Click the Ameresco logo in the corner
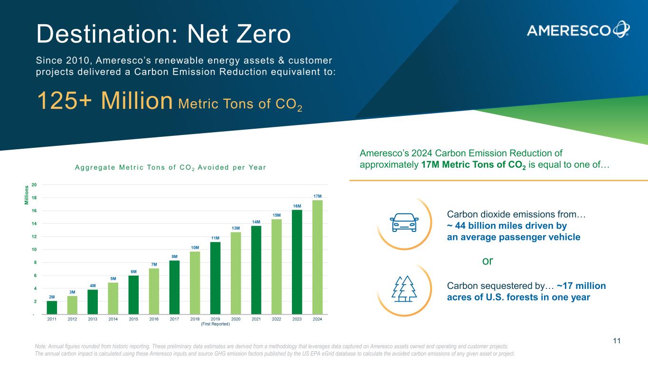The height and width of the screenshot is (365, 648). (578, 29)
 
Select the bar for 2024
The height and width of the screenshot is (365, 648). (318, 257)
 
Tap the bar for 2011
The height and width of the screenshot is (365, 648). (52, 307)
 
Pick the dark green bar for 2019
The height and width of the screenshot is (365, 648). (216, 278)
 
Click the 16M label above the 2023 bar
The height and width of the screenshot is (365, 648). (297, 206)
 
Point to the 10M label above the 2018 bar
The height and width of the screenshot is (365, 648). (195, 247)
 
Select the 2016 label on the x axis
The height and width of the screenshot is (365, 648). (154, 319)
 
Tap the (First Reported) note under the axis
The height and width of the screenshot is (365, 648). (216, 324)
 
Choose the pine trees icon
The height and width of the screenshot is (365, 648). (404, 288)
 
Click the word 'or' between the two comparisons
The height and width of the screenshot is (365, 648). (488, 261)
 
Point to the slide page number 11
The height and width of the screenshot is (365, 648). (617, 341)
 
